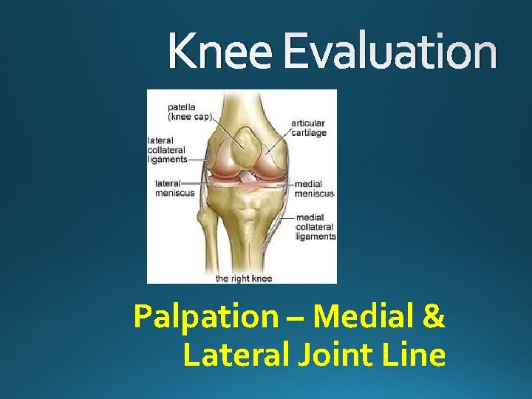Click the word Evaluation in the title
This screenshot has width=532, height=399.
pyautogui.click(x=390, y=52)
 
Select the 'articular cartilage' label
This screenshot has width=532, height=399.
pyautogui.click(x=308, y=127)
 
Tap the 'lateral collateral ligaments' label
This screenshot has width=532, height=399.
pyautogui.click(x=167, y=149)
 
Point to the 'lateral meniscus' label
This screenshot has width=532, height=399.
pyautogui.click(x=174, y=188)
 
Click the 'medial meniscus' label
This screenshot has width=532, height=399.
pyautogui.click(x=314, y=188)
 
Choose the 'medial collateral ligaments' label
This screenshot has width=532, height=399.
pyautogui.click(x=316, y=227)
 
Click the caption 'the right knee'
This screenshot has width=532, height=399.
pyautogui.click(x=244, y=279)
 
